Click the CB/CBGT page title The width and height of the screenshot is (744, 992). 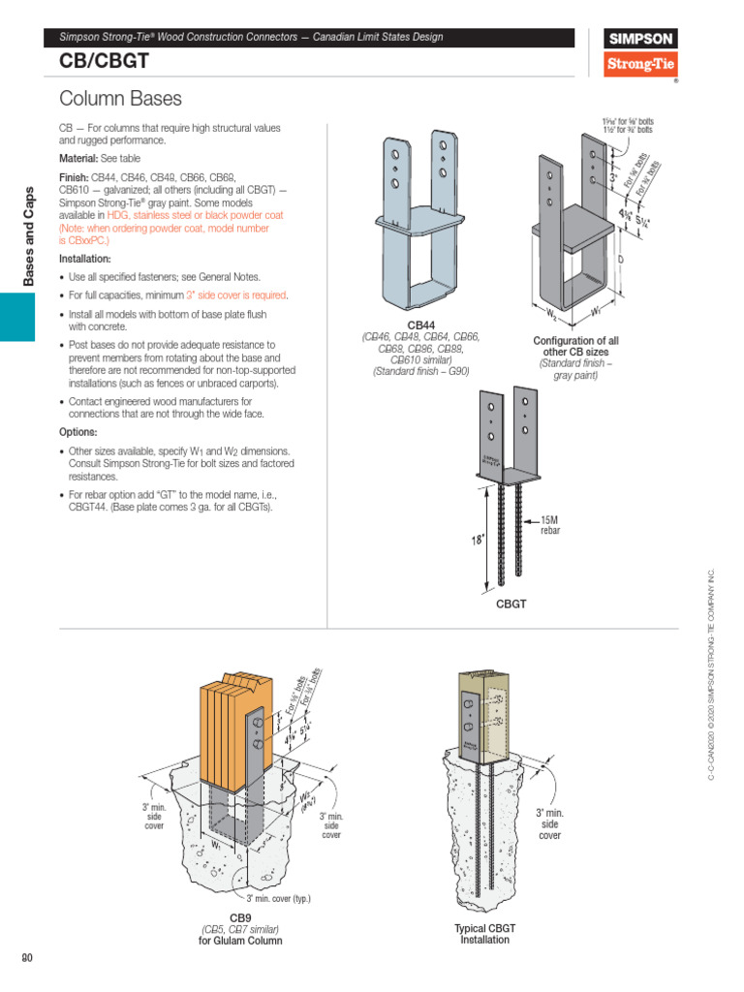[96, 61]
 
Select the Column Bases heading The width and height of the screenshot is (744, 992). [120, 99]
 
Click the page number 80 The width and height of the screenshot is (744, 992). [27, 959]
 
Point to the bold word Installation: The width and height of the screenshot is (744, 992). [85, 260]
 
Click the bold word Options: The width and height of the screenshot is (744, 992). [78, 432]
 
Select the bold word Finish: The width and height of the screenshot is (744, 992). [74, 178]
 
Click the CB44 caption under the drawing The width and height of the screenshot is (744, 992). [420, 325]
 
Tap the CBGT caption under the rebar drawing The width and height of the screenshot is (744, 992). [511, 604]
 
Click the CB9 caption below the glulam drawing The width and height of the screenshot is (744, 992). [239, 916]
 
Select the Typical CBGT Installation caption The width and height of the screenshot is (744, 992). [484, 934]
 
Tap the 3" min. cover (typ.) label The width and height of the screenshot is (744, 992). [278, 898]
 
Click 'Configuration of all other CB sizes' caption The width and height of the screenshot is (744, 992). [575, 347]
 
